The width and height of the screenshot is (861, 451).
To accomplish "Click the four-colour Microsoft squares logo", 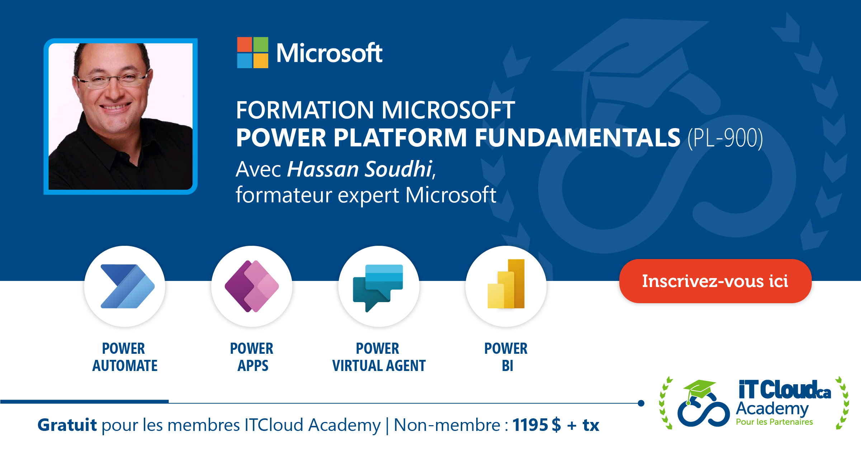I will point(252,53).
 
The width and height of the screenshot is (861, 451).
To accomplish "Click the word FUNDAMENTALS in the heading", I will point(577,138).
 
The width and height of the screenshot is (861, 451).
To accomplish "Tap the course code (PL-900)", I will point(725,138).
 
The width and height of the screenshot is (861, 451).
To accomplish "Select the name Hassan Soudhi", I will point(359,169).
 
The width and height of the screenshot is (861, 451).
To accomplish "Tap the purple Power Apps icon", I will point(252,286).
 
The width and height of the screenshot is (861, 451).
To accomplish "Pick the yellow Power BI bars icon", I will point(506,284).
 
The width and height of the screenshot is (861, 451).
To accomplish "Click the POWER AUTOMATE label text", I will point(124,357).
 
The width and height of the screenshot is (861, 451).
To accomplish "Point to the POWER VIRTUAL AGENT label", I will point(378,357).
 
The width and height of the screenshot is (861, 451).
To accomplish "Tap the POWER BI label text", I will point(506,357).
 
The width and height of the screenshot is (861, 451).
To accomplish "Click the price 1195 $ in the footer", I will point(536,425).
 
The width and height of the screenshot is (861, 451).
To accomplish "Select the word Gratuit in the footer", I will point(67,425).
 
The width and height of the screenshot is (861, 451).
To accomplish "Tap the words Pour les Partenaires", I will point(774,422).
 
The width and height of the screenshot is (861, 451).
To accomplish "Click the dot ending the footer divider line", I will point(641,403).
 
